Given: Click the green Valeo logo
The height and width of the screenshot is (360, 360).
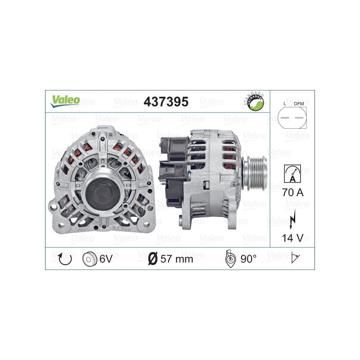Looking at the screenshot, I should click(65, 101).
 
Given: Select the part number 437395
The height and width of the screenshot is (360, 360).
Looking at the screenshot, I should click(166, 102).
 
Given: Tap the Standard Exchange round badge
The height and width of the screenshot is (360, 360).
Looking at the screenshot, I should click(255, 102).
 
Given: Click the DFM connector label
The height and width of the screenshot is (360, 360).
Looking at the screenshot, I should click(299, 104).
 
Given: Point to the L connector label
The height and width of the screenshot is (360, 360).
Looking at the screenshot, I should click(285, 104).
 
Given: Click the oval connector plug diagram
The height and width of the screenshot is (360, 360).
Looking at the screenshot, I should click(292, 119).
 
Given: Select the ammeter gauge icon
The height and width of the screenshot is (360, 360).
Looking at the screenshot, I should click(292, 173).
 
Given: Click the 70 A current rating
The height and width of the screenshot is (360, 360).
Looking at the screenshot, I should click(292, 193).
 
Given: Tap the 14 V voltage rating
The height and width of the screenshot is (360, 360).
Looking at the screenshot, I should click(292, 237).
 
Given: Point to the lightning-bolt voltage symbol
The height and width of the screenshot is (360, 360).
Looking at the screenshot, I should click(292, 216).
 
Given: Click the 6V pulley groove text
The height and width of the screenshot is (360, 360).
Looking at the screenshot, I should click(106, 258).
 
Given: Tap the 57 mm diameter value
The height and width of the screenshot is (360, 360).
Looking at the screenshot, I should click(177, 259).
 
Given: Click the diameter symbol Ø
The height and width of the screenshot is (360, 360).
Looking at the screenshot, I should click(153, 259).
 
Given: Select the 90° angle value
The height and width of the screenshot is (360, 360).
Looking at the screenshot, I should click(248, 258).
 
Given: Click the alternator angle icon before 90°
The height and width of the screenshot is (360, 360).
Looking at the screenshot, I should click(229, 258).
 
